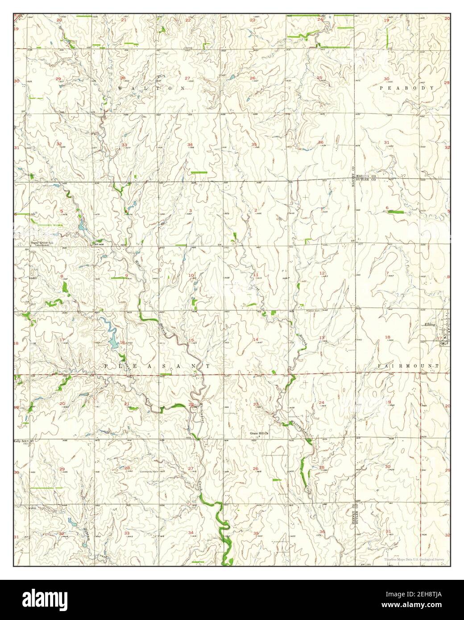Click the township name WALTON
pos(152,89)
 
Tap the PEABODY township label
pos(406,89)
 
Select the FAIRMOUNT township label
pos(408,366)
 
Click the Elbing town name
pos(430,325)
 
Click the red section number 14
pos(256,340)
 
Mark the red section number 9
pos(127,275)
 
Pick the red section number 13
pos(321,338)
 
